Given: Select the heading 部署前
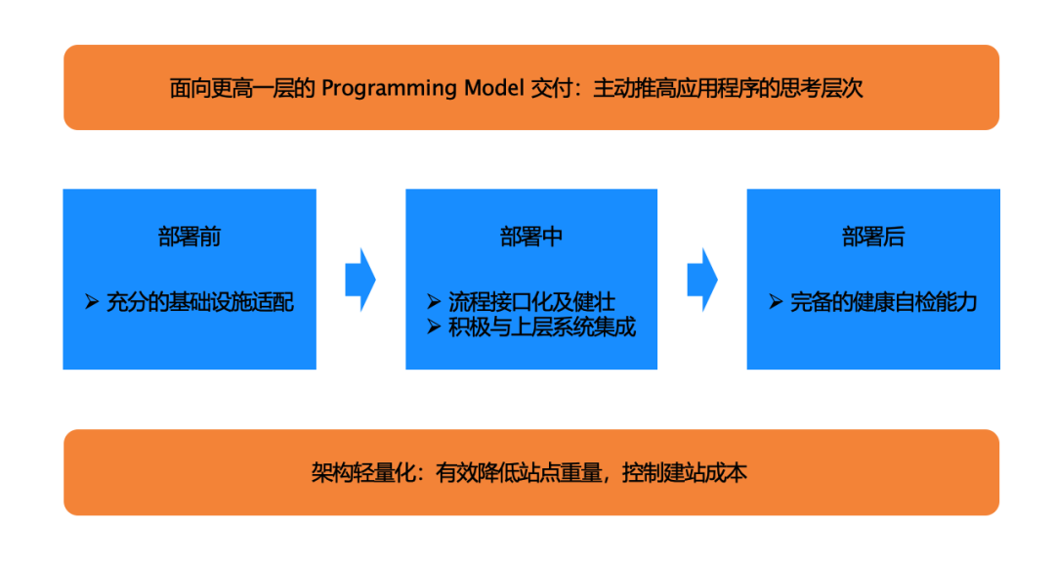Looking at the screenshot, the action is (190, 238).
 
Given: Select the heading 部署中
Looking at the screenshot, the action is (531, 238).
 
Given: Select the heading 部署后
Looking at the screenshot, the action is (873, 238).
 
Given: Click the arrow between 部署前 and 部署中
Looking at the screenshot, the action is (360, 280).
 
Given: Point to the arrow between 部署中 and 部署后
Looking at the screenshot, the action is (702, 280).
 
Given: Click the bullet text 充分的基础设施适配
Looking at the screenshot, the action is (200, 302).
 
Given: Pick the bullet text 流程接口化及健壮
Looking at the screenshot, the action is (531, 301).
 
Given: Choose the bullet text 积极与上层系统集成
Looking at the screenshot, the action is (542, 327).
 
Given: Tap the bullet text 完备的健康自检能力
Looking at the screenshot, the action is (884, 302).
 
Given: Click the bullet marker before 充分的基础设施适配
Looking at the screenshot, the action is (92, 302).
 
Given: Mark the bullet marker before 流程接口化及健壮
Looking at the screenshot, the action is (434, 301).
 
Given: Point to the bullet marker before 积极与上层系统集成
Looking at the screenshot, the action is (434, 327).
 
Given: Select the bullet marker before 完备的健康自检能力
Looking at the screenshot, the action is (776, 302).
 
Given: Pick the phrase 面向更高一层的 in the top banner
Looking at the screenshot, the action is (242, 89).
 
